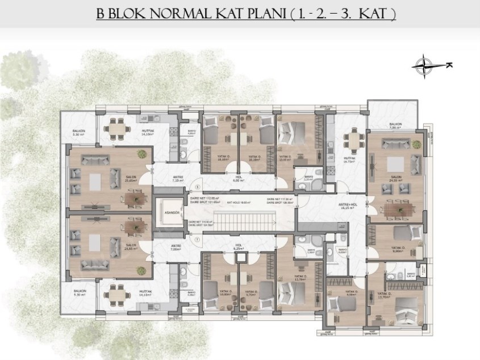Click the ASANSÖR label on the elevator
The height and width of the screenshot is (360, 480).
[x=168, y=212]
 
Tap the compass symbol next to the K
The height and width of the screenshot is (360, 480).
[x=424, y=65]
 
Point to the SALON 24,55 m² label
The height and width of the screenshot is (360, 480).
[x=396, y=179]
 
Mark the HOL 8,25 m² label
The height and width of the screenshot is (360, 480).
[x=239, y=248]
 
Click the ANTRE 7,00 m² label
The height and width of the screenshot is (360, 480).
[x=176, y=247]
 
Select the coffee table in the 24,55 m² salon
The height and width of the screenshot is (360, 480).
[x=395, y=165]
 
